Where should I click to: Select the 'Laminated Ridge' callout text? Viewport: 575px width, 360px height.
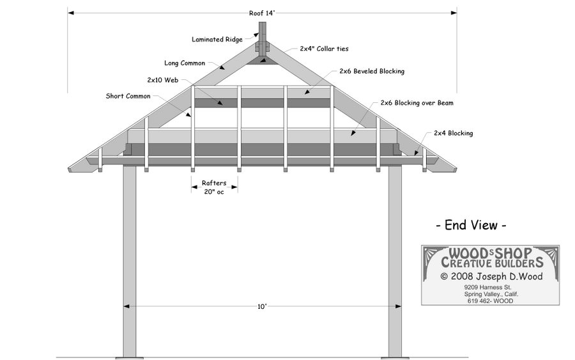click(x=217, y=40)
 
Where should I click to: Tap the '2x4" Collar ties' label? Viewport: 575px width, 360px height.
click(x=324, y=49)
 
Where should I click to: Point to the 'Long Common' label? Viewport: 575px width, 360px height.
click(x=185, y=63)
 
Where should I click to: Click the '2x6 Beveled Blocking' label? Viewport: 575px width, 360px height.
click(x=372, y=72)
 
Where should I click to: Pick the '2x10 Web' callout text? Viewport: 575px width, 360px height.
click(x=162, y=81)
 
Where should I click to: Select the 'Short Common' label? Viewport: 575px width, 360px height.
click(x=128, y=97)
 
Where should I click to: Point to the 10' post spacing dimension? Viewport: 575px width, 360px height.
click(x=262, y=307)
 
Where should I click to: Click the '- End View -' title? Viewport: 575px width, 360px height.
click(x=471, y=225)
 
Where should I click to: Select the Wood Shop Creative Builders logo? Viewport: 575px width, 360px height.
click(x=490, y=257)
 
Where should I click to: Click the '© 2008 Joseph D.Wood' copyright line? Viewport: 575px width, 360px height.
click(x=491, y=277)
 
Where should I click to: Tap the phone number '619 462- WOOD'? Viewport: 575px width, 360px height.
click(x=490, y=301)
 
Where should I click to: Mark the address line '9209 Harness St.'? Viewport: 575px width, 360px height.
click(x=490, y=287)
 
